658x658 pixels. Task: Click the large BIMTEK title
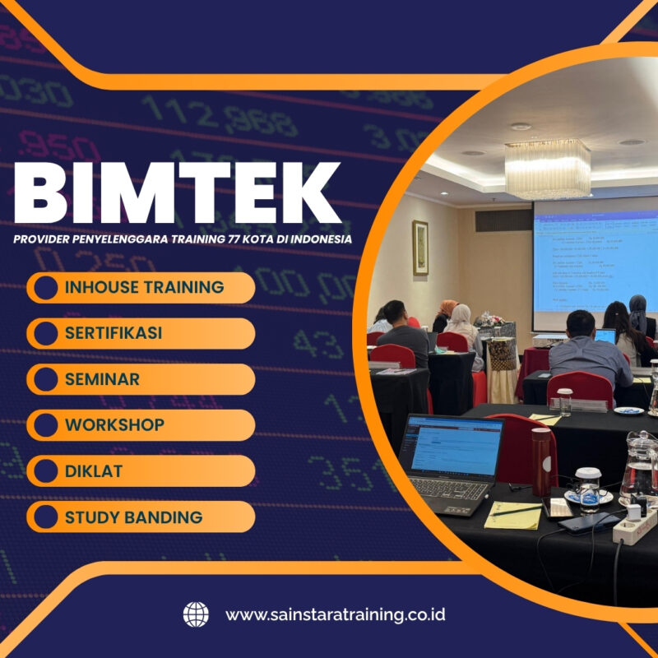[177, 195]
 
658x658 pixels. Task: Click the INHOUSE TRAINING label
[144, 287]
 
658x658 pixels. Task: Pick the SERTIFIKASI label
[114, 333]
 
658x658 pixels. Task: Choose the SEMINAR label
[102, 379]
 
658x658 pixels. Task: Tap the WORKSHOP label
[114, 425]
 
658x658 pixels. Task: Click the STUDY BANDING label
[133, 517]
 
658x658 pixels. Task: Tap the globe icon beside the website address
[196, 614]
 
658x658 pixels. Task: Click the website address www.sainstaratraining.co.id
[336, 614]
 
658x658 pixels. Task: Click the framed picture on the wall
[420, 248]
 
